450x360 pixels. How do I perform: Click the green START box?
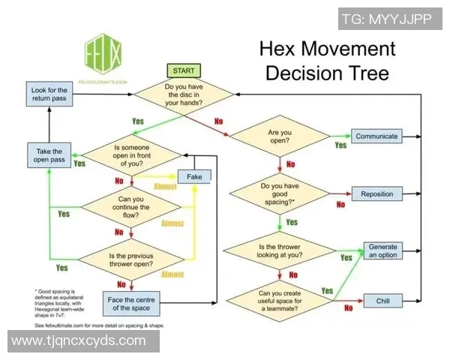(184, 70)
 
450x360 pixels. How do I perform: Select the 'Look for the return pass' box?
(49, 94)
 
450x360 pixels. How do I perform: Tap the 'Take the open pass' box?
(49, 155)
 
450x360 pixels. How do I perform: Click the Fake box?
(194, 176)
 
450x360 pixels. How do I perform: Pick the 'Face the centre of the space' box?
(131, 303)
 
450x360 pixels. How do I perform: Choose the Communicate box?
(376, 136)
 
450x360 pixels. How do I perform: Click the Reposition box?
(376, 193)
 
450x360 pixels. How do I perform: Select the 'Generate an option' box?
(382, 251)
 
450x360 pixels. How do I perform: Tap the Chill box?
(376, 301)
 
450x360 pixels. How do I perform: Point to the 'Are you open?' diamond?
(279, 137)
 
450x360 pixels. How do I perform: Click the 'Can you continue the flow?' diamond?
(131, 206)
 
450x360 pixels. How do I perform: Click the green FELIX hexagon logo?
(103, 55)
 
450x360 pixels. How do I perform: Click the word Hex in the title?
(282, 49)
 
